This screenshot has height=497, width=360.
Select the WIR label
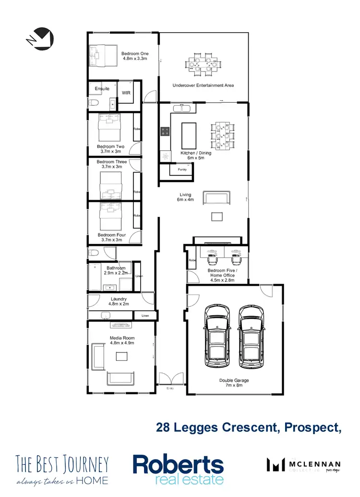[126, 93]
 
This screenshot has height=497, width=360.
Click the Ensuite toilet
[94, 104]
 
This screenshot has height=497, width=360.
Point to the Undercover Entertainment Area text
[203, 85]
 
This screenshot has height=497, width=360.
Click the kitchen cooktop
[165, 130]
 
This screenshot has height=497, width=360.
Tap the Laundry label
[119, 299]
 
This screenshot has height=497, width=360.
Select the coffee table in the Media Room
[121, 356]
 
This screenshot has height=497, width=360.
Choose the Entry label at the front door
[169, 388]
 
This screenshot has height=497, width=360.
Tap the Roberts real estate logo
[178, 469]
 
